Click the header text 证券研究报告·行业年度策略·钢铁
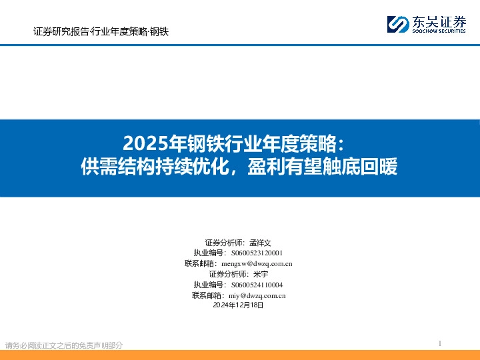(x=101, y=31)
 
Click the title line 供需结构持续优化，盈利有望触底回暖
(x=239, y=166)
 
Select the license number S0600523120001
(x=256, y=253)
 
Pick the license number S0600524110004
(x=256, y=285)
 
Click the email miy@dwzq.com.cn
(x=257, y=295)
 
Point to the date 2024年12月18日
(x=239, y=305)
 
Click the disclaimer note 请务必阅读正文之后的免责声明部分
(x=64, y=345)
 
